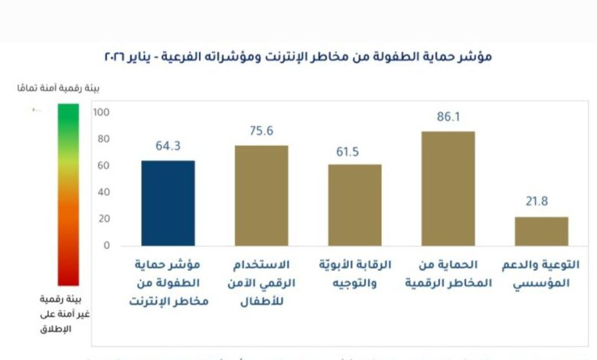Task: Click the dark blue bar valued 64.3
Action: (168, 203)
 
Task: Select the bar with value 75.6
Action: (261, 195)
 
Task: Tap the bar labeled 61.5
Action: (354, 205)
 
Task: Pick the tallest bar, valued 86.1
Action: (448, 188)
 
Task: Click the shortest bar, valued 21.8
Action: (541, 231)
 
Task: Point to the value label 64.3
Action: (168, 146)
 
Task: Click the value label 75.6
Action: (261, 131)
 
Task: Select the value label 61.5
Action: (354, 151)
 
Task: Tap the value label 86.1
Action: (448, 117)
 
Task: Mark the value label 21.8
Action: (541, 203)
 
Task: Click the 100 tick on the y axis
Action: (102, 113)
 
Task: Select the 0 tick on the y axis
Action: (106, 246)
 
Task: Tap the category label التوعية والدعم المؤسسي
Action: (544, 273)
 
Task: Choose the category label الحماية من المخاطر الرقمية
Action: (448, 273)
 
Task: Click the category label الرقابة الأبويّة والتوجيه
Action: (354, 273)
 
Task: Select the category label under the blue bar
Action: (169, 282)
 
